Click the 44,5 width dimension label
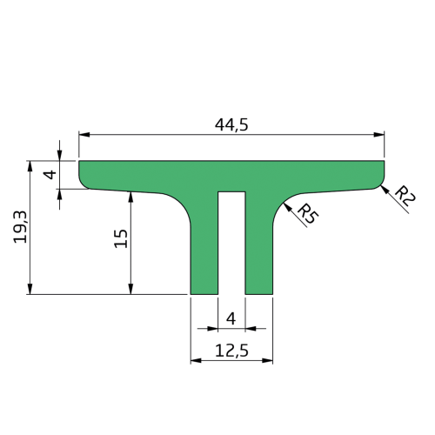231,125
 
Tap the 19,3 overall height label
20,227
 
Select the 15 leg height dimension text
121,238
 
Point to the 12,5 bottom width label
231,351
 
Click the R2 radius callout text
405,196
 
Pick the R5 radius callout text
308,214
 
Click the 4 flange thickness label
50,175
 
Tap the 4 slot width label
231,318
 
